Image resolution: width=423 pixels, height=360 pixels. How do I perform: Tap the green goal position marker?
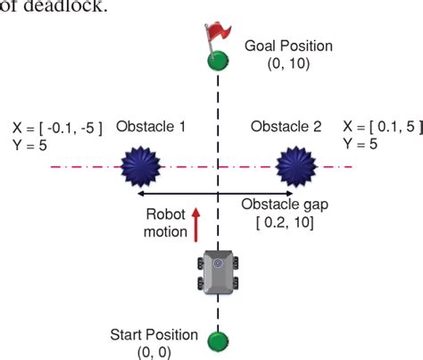pos(217,62)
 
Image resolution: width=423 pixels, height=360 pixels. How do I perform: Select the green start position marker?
pos(217,342)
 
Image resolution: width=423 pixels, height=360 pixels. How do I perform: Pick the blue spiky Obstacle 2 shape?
pos(296,166)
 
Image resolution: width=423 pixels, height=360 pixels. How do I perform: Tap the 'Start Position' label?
pos(153,335)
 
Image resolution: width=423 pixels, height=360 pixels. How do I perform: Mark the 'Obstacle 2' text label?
pos(286,128)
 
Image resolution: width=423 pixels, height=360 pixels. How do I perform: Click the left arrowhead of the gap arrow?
pos(137,194)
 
